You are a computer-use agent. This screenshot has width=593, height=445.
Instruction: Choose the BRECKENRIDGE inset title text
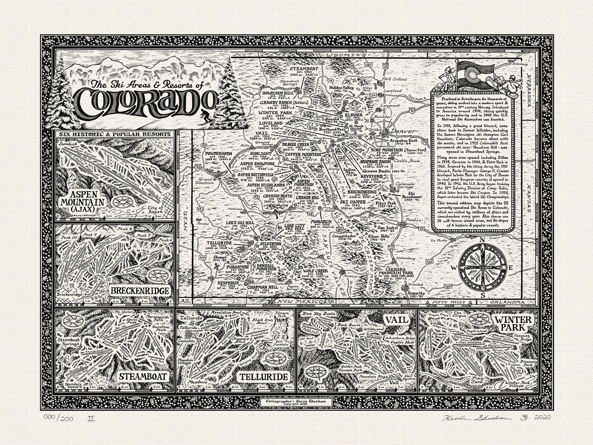(x=139, y=290)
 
